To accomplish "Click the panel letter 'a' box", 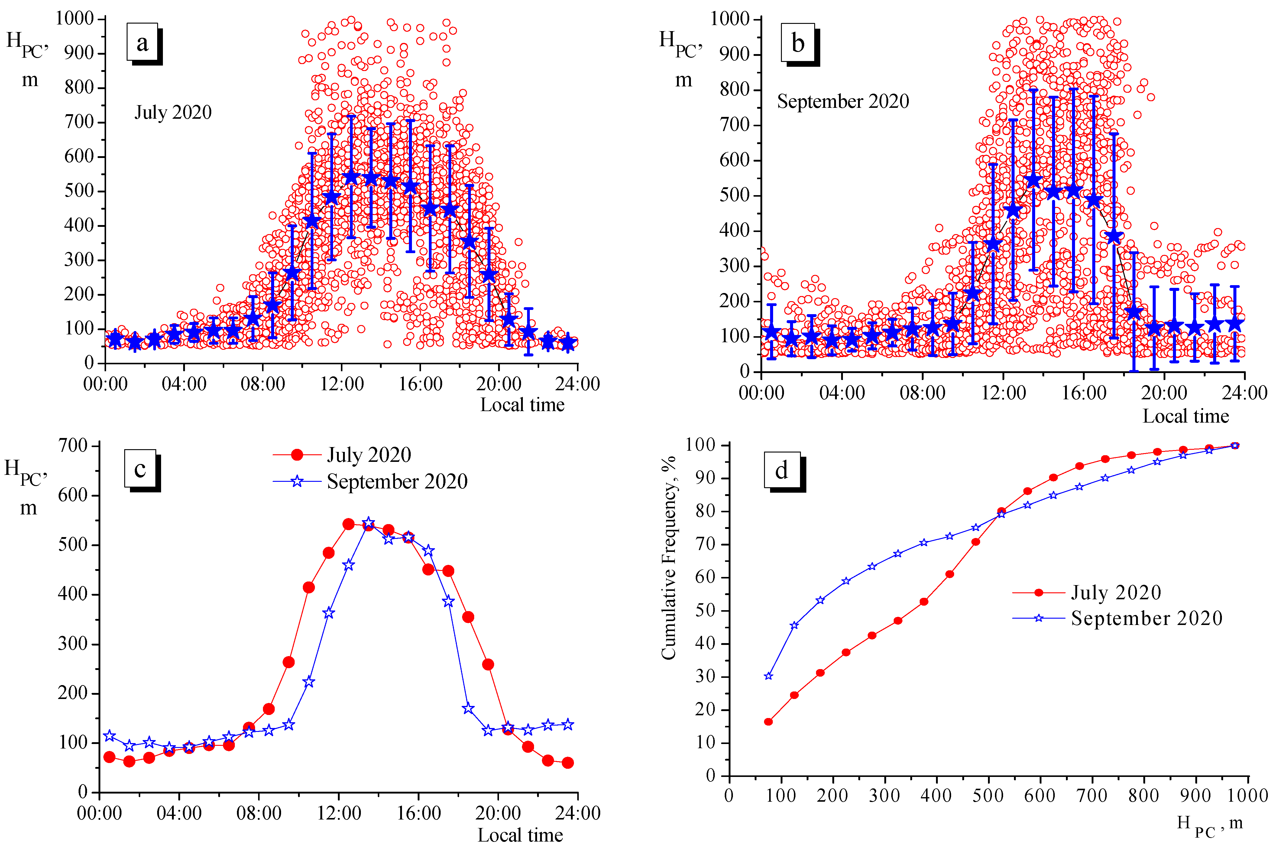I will (142, 42).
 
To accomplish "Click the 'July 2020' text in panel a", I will (173, 112).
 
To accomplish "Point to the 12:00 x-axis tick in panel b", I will (1003, 392).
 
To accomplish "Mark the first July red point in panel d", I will (768, 722).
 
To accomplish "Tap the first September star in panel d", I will (768, 676).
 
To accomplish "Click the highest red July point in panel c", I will (348, 524).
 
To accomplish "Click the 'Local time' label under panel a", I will (522, 405).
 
